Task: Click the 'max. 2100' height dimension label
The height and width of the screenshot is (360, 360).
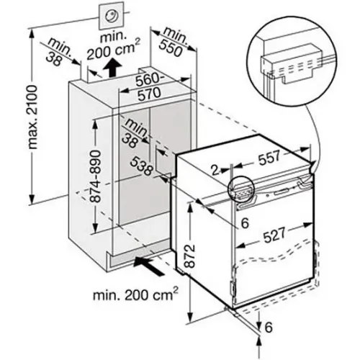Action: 33,117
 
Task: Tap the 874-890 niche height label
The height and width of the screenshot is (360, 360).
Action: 96,176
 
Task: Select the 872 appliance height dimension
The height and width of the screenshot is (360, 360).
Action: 190,256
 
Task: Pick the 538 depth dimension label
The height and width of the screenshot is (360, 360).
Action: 142,166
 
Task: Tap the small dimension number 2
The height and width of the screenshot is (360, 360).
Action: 215,170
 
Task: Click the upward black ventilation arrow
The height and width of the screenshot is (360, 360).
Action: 112,68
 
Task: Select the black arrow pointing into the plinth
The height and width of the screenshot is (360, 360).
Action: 149,266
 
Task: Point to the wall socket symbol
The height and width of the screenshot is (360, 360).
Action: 112,17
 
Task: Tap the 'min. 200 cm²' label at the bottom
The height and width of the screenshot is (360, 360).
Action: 135,295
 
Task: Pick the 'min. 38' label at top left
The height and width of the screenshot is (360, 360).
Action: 57,53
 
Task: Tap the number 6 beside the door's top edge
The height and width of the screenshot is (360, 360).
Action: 245,223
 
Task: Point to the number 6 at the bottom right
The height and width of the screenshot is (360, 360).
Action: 269,327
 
